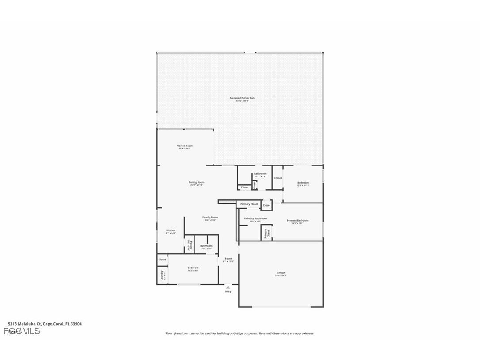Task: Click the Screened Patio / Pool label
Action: (242, 98)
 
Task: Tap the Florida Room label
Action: (185, 146)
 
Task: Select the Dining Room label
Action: (197, 182)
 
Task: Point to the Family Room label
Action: (210, 217)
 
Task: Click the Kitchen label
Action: (171, 230)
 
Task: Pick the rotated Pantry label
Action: (189, 245)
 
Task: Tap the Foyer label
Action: (228, 259)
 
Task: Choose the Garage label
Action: (281, 272)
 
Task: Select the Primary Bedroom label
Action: (297, 220)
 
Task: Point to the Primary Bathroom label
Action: (255, 218)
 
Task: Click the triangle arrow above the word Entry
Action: (228, 287)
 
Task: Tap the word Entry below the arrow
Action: (228, 291)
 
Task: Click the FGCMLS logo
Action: (22, 331)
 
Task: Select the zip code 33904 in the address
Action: (76, 324)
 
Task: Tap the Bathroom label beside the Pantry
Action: (206, 246)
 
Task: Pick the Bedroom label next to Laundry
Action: (193, 268)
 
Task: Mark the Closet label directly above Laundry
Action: (162, 260)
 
